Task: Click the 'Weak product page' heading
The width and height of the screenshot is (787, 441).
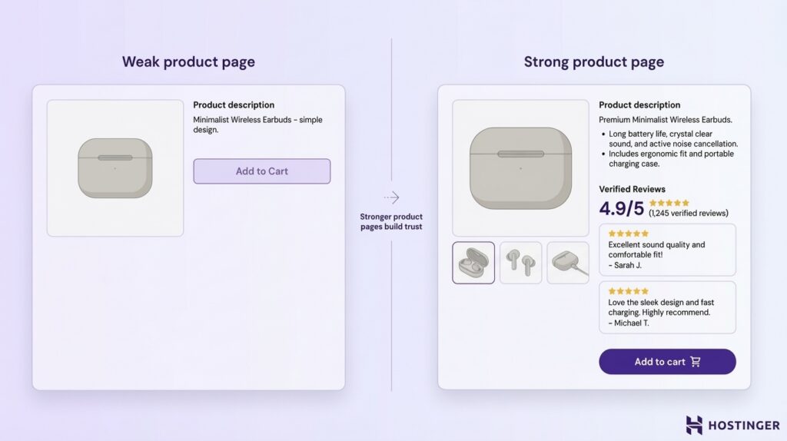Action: point(188,62)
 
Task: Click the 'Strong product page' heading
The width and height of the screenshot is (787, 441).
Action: point(593,62)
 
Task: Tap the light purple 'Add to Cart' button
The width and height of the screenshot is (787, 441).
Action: point(261,171)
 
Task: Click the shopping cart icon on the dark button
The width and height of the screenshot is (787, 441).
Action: point(696,362)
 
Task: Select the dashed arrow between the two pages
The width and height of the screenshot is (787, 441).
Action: point(391,197)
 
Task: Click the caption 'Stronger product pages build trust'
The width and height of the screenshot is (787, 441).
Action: point(391,221)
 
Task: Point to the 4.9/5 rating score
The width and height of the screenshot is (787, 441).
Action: point(621,208)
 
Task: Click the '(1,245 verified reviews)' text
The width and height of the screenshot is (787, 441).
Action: point(688,213)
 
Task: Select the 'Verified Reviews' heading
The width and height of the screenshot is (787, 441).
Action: point(632,189)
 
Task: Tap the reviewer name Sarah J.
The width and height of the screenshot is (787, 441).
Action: point(625,265)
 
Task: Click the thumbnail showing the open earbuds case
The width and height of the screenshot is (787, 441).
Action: point(473,263)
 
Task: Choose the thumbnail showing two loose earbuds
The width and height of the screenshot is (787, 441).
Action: point(521,263)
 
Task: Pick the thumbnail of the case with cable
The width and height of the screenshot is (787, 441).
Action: point(568,263)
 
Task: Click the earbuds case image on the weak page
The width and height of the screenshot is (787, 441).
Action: point(115,167)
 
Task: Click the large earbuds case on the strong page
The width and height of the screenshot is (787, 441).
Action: point(520,167)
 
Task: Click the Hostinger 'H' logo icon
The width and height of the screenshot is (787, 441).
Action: point(694,425)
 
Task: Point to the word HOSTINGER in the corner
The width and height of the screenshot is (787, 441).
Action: point(744,426)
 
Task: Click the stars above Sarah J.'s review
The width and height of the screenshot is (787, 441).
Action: point(628,234)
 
